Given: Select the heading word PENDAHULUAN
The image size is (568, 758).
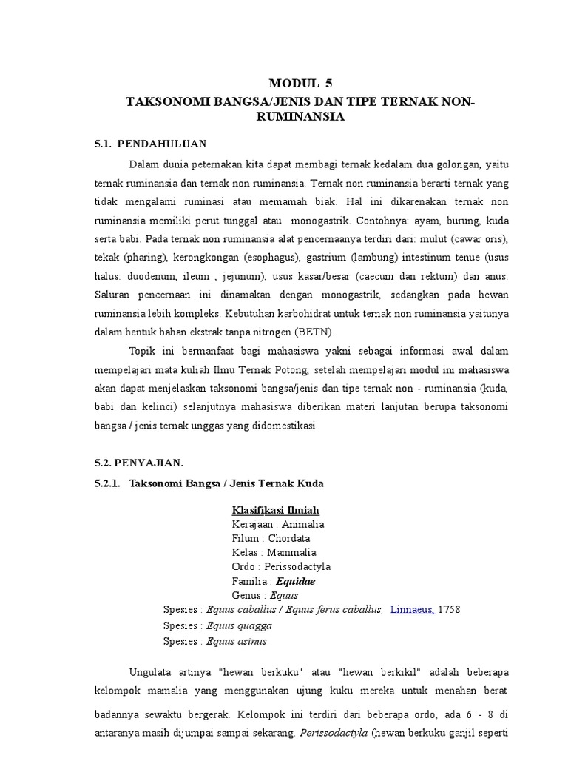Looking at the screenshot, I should click(x=162, y=143).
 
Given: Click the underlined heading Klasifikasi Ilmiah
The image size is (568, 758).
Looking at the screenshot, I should click(x=276, y=510).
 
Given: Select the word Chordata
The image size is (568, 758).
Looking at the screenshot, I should click(x=289, y=538).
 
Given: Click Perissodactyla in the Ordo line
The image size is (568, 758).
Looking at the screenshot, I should click(x=298, y=566).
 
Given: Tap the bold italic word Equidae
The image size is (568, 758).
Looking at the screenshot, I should click(x=296, y=581).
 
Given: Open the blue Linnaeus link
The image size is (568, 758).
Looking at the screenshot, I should click(x=412, y=609).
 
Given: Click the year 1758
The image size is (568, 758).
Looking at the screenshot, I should click(x=450, y=609).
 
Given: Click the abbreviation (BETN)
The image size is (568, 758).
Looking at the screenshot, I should click(x=314, y=331).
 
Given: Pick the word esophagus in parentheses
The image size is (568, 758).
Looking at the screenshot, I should click(x=270, y=257).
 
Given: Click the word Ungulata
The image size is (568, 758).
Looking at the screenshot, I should click(x=152, y=672).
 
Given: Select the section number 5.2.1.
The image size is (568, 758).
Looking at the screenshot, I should click(x=107, y=483).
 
